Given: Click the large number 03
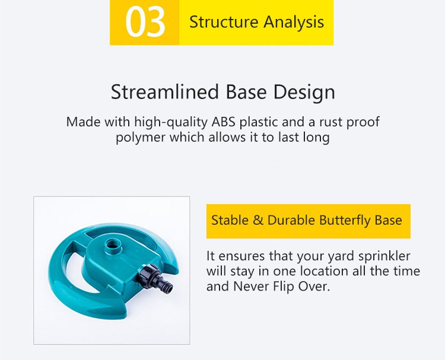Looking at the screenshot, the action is point(145,22).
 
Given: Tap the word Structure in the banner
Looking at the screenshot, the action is point(224,22).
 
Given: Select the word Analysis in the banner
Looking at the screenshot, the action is point(294,23).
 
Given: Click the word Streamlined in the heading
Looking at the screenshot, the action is point(165,92).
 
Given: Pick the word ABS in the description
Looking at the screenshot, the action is point(223,122).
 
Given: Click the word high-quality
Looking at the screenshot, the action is point(171,123).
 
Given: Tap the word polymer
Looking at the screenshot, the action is point(141,138).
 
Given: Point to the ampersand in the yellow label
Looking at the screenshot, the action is point(258,221).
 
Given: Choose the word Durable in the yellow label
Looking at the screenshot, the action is point(291,220).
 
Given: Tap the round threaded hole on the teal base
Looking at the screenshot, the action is point(114,244).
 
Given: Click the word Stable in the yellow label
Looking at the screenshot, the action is point(230,220).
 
